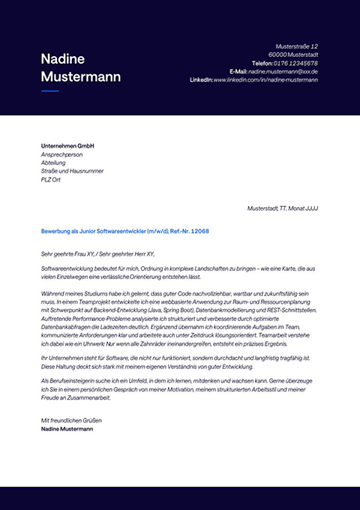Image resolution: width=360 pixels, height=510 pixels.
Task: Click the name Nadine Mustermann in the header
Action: (63, 67)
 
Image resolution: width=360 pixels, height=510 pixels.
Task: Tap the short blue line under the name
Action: (49, 91)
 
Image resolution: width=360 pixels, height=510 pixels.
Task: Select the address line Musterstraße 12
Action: (297, 46)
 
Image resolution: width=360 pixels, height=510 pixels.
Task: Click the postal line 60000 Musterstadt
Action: (293, 55)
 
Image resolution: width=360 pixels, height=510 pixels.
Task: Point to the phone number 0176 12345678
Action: (295, 63)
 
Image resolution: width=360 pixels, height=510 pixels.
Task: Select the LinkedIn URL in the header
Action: (265, 79)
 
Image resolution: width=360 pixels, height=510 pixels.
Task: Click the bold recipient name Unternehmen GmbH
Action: (67, 145)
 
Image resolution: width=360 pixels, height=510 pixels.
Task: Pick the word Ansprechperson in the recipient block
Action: (63, 154)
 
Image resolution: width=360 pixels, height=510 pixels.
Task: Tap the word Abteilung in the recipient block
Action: (54, 162)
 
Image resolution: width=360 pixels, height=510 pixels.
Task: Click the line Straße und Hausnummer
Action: (72, 171)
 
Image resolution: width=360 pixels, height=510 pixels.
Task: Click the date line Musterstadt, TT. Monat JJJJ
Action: (282, 208)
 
